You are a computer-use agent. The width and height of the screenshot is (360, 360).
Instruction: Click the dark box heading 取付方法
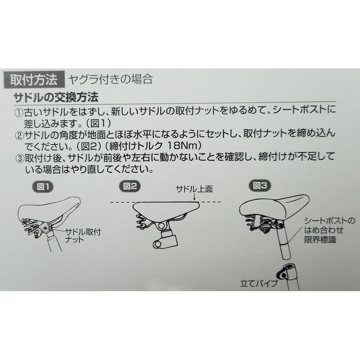coord(34,80)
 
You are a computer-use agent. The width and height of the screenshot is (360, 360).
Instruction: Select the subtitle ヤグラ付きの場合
coord(110,80)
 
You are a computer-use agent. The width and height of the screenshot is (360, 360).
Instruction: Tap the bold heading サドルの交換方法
coord(56,97)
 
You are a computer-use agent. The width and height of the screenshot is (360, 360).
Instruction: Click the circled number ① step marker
coord(19,112)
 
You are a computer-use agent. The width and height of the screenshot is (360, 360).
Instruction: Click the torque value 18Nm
coord(182,145)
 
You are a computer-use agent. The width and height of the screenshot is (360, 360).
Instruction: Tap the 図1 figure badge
coord(42,187)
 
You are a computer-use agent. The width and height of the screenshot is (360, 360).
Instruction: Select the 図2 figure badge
coord(130,186)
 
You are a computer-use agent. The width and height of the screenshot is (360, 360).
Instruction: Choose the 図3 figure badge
coord(260,185)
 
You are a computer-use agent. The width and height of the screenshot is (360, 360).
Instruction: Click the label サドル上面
coord(194,189)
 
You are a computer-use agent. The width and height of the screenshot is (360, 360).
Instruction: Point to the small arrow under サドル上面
coord(194,197)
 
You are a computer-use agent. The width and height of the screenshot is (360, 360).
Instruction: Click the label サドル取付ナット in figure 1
coord(83,236)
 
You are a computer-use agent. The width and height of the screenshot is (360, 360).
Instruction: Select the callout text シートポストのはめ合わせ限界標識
coord(329,230)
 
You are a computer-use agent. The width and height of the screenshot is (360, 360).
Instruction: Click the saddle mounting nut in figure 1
coord(45,228)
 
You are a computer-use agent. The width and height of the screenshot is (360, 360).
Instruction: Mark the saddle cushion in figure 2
coord(166,209)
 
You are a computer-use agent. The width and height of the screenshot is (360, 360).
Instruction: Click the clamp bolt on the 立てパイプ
coord(284,275)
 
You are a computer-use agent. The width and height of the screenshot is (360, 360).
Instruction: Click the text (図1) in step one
coord(99,123)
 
